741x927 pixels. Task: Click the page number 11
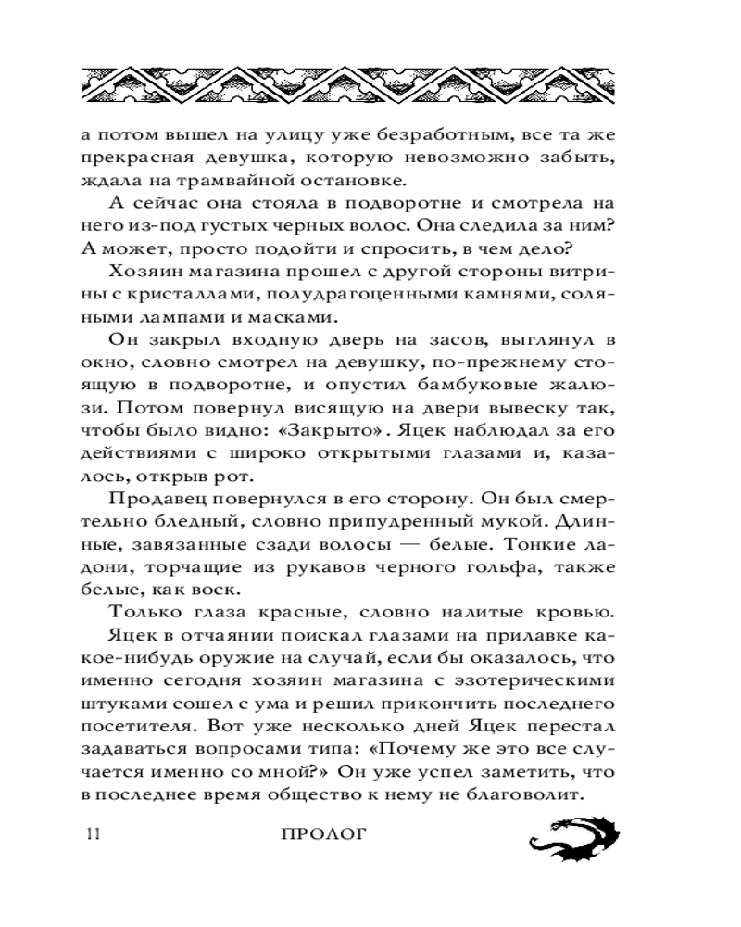coord(91,832)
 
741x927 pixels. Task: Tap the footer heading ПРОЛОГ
coord(323,832)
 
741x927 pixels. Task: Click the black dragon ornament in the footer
coord(572,836)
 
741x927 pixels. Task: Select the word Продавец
coord(160,499)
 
